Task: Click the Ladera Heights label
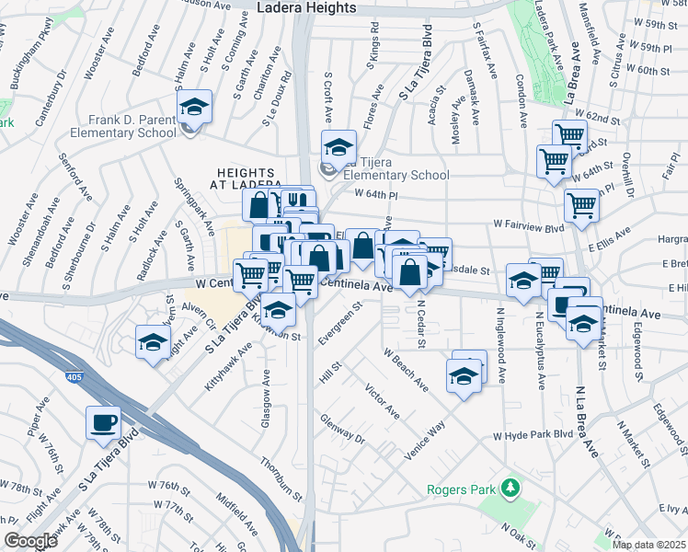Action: coord(307,7)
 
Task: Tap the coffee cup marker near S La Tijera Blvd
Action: coord(103,423)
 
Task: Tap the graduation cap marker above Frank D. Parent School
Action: coord(195,107)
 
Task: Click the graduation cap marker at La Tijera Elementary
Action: coord(338,147)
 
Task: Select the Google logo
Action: coord(30,541)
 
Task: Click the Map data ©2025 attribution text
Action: coord(648,544)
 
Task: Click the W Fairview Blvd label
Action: coord(528,224)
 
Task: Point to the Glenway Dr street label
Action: coord(342,429)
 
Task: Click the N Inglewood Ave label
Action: coord(502,350)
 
